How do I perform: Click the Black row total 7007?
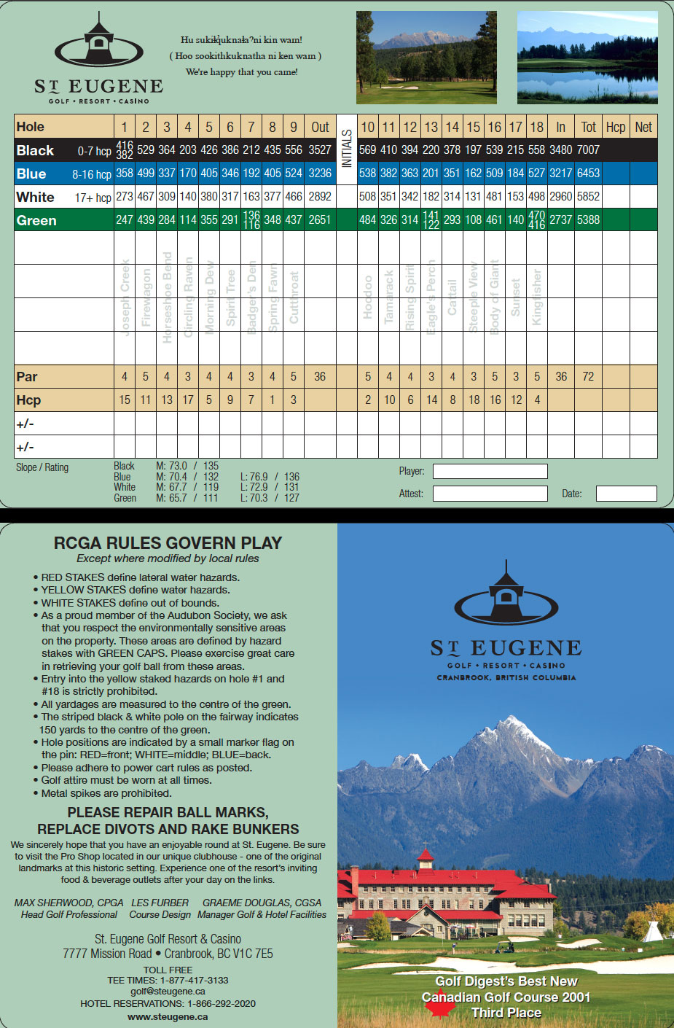(588, 150)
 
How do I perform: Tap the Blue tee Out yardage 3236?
(320, 174)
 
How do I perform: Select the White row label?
(36, 197)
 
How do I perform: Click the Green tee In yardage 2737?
(560, 219)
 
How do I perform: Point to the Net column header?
(643, 127)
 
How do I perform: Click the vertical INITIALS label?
(347, 149)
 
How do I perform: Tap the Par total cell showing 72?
(588, 377)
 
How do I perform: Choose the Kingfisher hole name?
(537, 297)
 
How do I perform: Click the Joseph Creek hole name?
(125, 297)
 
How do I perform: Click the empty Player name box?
(490, 471)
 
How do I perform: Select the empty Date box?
(626, 494)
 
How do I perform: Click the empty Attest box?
(490, 494)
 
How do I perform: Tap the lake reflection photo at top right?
(587, 57)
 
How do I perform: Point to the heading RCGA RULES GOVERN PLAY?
(168, 543)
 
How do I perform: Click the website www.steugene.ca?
(168, 1016)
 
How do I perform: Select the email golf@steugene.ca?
(168, 992)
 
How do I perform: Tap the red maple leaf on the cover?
(439, 1006)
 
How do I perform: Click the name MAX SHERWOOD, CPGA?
(69, 903)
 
